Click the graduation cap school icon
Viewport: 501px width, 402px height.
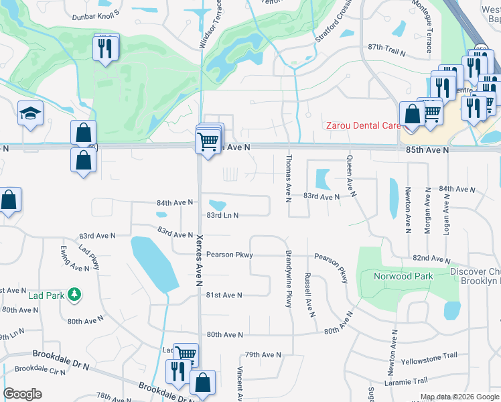coord(31,114)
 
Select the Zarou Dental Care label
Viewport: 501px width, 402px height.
coord(362,125)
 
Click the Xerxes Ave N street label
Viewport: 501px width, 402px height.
coord(199,261)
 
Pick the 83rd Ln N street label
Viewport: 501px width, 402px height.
coord(222,215)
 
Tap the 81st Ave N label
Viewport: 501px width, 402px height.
coord(224,295)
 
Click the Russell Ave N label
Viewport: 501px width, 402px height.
coord(309,295)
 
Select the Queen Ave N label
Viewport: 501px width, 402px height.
coord(350,176)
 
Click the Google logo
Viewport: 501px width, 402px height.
coord(22,394)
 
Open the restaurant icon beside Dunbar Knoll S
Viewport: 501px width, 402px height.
coord(106,48)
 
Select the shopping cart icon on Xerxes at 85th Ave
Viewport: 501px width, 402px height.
coord(208,141)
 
